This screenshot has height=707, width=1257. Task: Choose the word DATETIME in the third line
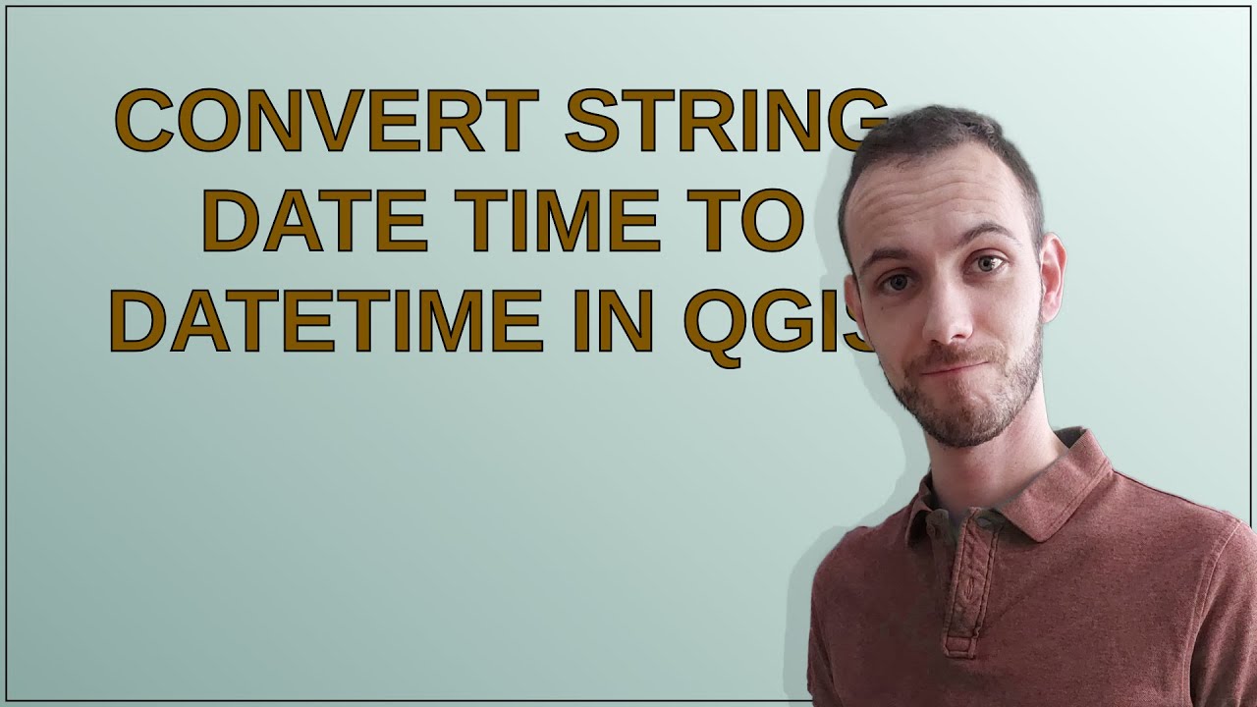coord(323,320)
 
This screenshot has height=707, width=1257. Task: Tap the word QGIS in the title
coord(776,322)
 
